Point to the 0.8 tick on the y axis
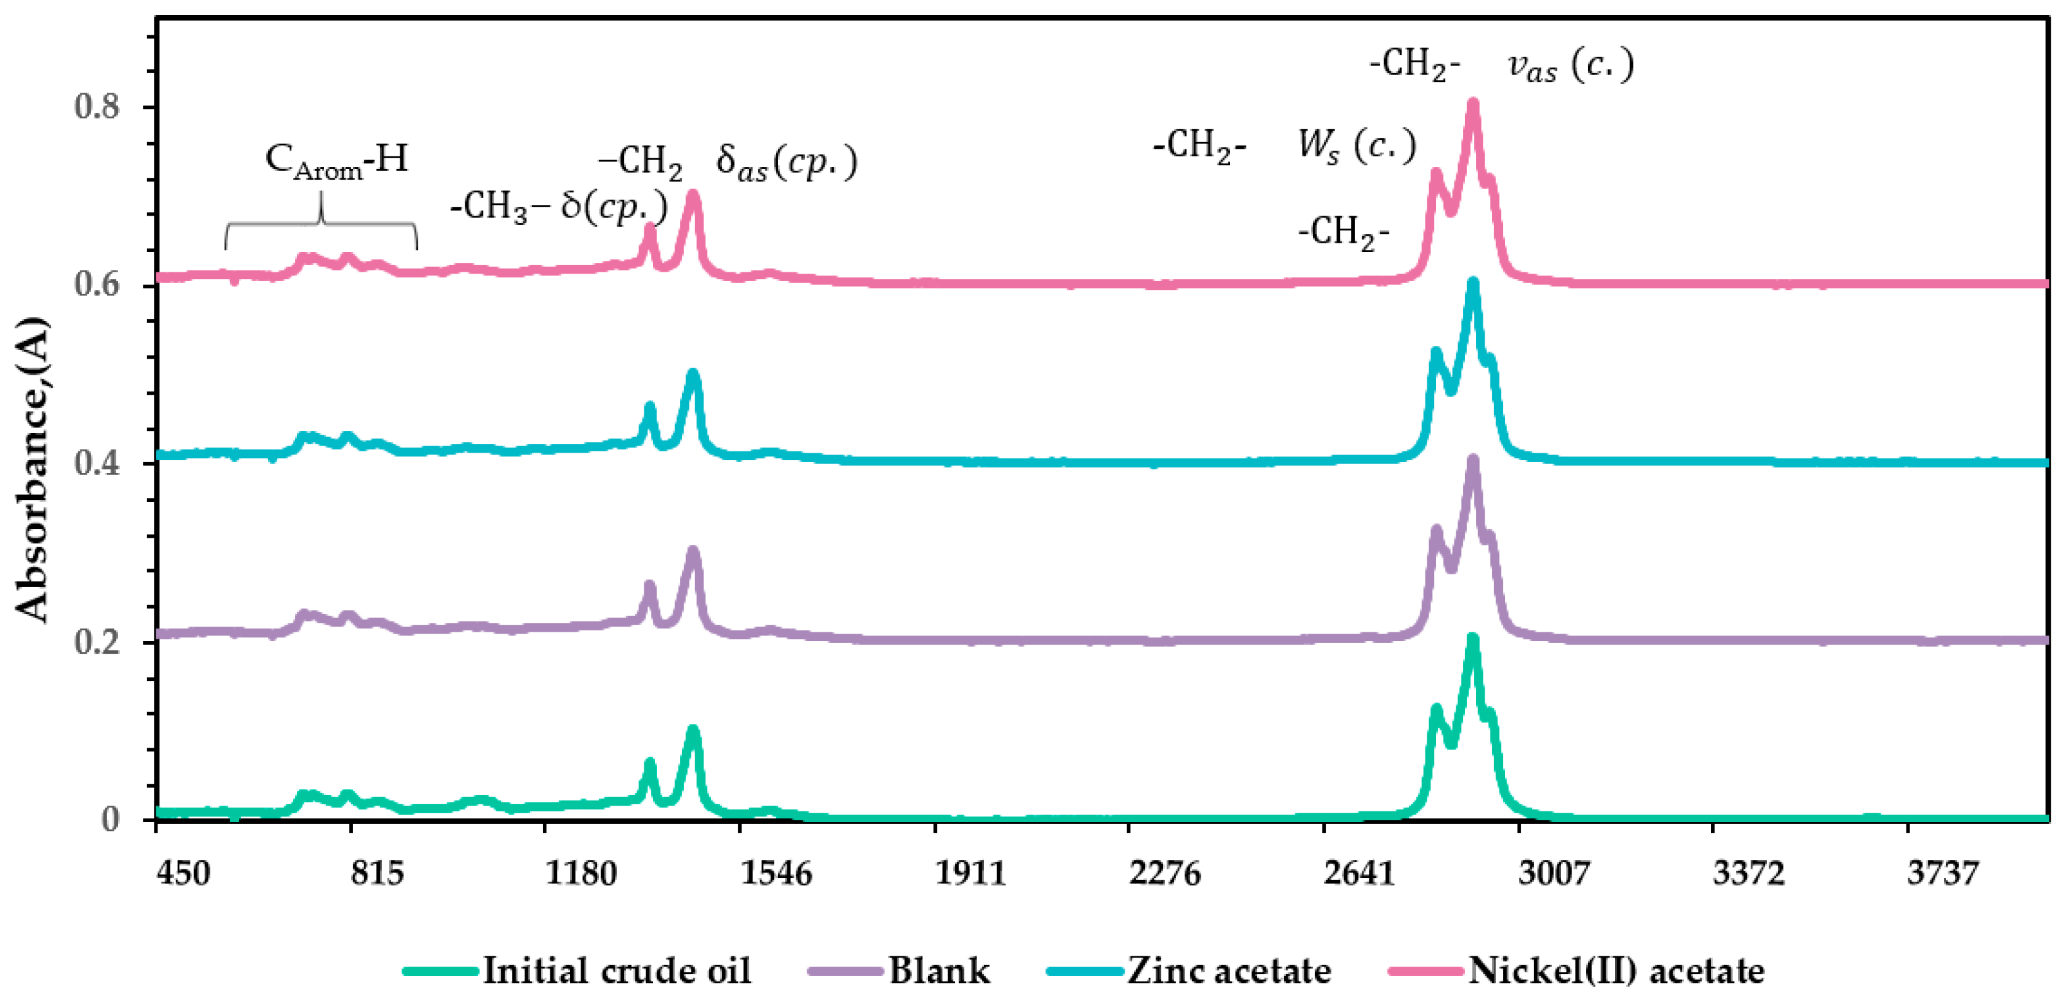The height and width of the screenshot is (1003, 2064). coord(97,107)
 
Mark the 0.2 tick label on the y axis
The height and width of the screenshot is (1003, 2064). coord(97,642)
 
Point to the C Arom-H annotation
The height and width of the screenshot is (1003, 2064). coord(336,160)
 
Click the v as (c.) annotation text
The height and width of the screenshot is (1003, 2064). coord(1570,66)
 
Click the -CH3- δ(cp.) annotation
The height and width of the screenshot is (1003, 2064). coord(559,207)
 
